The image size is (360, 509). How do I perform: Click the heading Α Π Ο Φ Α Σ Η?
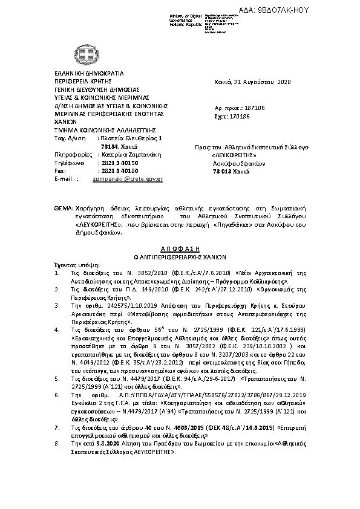tap(179, 248)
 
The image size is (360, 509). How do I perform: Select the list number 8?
tap(56, 443)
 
